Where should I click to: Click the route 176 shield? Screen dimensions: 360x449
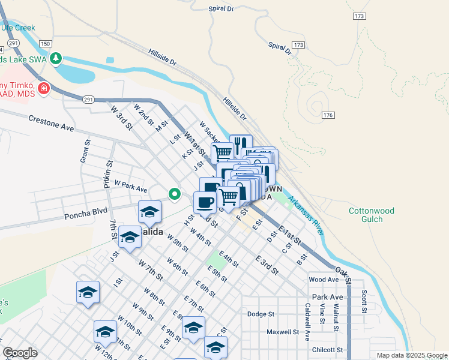coord(327,115)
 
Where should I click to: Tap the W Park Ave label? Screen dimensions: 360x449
coord(130,188)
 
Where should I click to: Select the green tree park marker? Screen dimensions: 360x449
coord(56,58)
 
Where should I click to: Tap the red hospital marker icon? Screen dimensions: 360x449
coord(43,89)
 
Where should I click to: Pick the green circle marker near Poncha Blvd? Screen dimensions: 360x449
coord(175,194)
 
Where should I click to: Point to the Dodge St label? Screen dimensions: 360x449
coord(261,314)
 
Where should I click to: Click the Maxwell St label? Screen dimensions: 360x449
coord(283,332)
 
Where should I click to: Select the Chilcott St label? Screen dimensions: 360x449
coord(327,350)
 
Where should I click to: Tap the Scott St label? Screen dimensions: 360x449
coord(364,302)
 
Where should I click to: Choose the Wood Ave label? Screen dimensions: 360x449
coord(324,280)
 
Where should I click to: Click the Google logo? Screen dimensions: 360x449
coord(20,353)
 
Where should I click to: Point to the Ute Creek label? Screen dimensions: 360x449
coord(18,28)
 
